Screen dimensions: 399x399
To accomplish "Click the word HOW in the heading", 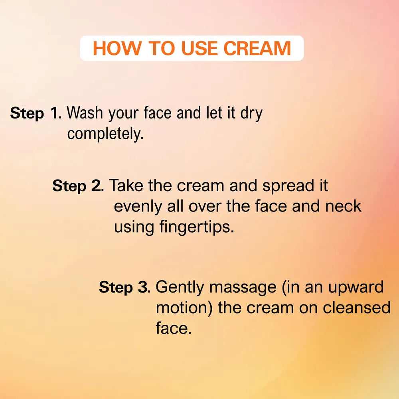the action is coord(117,48).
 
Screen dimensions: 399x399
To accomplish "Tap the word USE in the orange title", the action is coord(199,48).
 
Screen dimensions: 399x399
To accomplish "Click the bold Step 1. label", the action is coord(36,113).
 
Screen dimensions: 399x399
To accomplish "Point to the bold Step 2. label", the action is coord(78,186).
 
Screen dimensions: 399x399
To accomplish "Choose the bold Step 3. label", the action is coord(124,287).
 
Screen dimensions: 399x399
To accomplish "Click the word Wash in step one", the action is coord(85,113).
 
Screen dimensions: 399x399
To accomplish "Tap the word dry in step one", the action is coord(251,114).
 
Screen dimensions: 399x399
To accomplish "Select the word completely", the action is coord(105,134).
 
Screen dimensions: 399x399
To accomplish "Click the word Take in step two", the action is coord(126,185).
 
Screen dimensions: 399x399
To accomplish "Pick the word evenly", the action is coord(138,207).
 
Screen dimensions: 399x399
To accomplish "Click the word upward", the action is coord(356,288).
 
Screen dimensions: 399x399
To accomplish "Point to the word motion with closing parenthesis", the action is coord(184,308).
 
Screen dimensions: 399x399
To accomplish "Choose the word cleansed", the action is coord(356,307).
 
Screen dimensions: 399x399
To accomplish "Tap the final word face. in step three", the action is coord(173,328).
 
